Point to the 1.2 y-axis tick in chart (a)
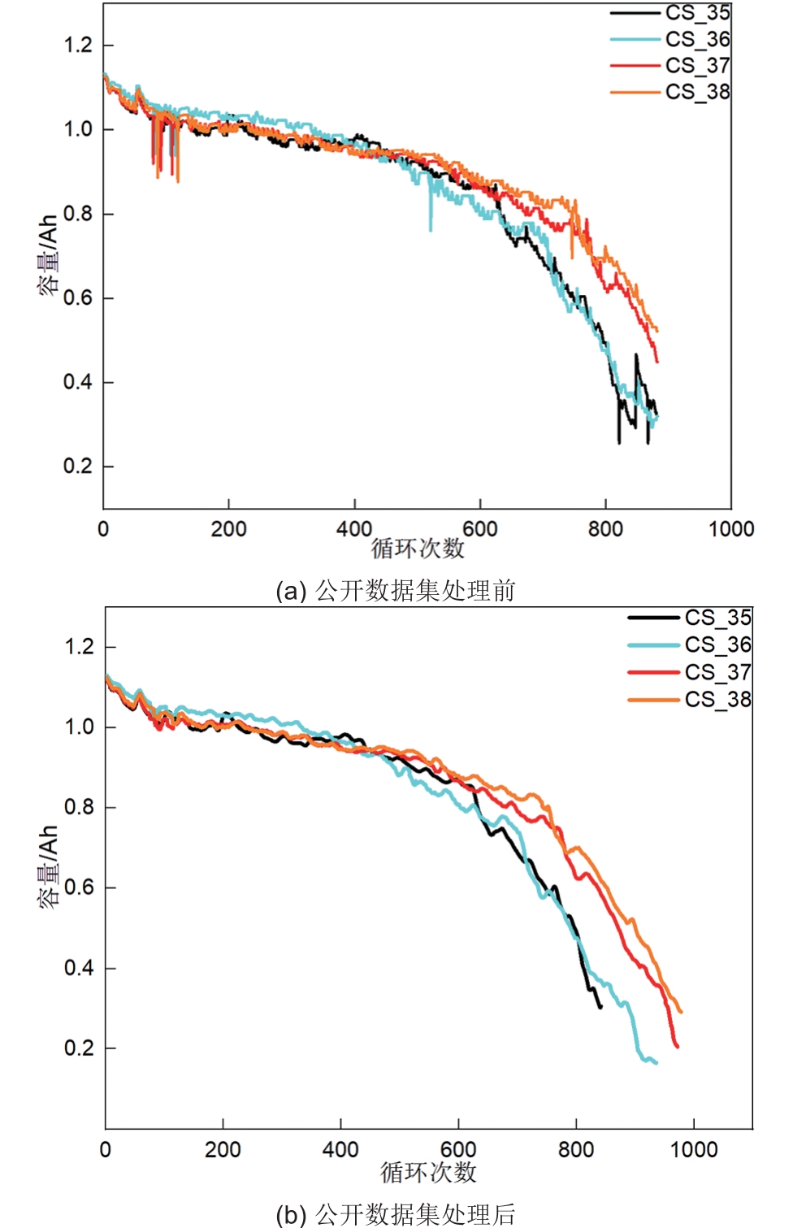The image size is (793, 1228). pyautogui.click(x=79, y=45)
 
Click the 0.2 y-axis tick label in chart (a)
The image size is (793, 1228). pyautogui.click(x=79, y=466)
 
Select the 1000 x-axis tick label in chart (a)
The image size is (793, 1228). pyautogui.click(x=731, y=529)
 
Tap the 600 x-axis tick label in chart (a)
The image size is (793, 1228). pyautogui.click(x=480, y=529)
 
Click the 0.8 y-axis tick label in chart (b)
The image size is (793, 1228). pyautogui.click(x=80, y=807)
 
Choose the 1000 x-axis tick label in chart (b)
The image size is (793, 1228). pyautogui.click(x=694, y=1149)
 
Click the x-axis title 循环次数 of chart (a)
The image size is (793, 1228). pyautogui.click(x=418, y=549)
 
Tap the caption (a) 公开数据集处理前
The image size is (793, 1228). pyautogui.click(x=396, y=591)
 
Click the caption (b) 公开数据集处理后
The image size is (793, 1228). pyautogui.click(x=396, y=1214)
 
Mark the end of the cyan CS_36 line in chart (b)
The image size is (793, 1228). pyautogui.click(x=656, y=1063)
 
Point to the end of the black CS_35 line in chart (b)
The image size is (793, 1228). pyautogui.click(x=601, y=1008)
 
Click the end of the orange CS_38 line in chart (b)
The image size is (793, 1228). pyautogui.click(x=681, y=1012)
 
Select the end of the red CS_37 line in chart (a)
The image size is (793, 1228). pyautogui.click(x=657, y=362)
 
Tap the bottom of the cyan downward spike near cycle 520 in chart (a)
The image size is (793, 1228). pyautogui.click(x=431, y=231)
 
